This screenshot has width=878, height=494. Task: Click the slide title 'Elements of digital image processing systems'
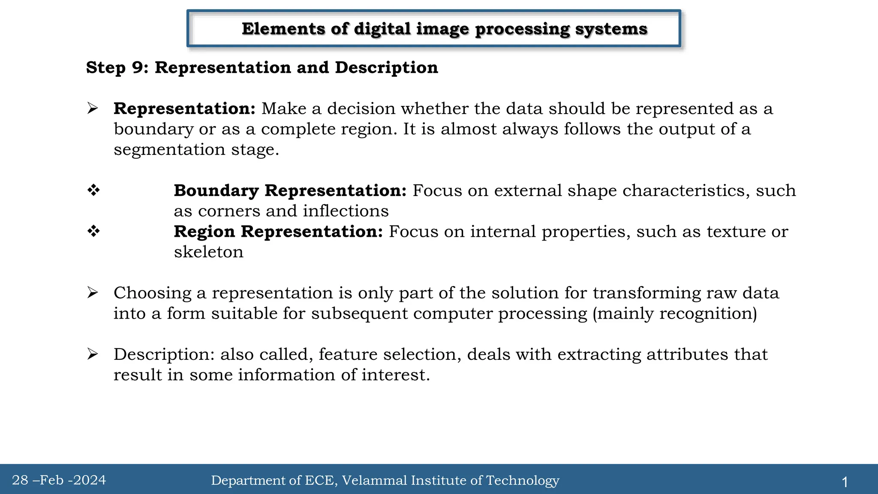[x=444, y=29]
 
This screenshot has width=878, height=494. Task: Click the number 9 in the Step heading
[x=137, y=68]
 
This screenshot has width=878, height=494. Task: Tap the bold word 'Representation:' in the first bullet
[x=184, y=109]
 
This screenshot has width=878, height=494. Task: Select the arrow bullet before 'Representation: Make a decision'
[x=93, y=108]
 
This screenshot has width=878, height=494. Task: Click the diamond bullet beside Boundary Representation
[x=93, y=190]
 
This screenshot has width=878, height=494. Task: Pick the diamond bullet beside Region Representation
[x=93, y=231]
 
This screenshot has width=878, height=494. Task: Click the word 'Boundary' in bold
[x=216, y=191]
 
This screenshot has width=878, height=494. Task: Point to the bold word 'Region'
[x=204, y=232]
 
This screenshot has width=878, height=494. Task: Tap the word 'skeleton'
[x=208, y=252]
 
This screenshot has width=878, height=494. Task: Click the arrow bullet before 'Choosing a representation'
[x=93, y=293]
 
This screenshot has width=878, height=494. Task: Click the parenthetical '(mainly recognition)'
[x=675, y=314]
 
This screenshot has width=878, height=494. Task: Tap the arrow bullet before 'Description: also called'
[x=93, y=354]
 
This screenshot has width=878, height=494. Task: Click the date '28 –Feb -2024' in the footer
[x=59, y=480]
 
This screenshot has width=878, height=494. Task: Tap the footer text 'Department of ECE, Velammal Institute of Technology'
[x=385, y=480]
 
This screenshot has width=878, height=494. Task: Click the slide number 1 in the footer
[x=845, y=482]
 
